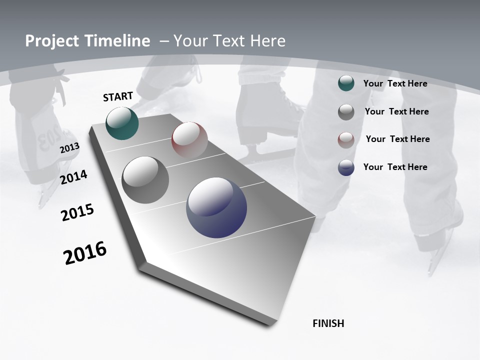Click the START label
click(x=118, y=96)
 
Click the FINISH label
click(x=328, y=323)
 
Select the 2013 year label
click(x=69, y=148)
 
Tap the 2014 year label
click(x=74, y=177)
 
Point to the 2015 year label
click(x=77, y=212)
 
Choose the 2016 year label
click(x=85, y=253)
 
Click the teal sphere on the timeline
click(x=122, y=123)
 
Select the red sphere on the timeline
click(x=189, y=140)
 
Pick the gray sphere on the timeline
click(x=145, y=180)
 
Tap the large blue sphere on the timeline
click(x=216, y=207)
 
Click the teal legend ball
click(x=346, y=83)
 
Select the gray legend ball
click(x=346, y=112)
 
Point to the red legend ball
click(x=346, y=139)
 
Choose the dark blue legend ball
click(x=346, y=167)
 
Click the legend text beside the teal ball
click(x=395, y=83)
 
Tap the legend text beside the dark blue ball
click(x=395, y=167)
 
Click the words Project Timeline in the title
click(x=87, y=41)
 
